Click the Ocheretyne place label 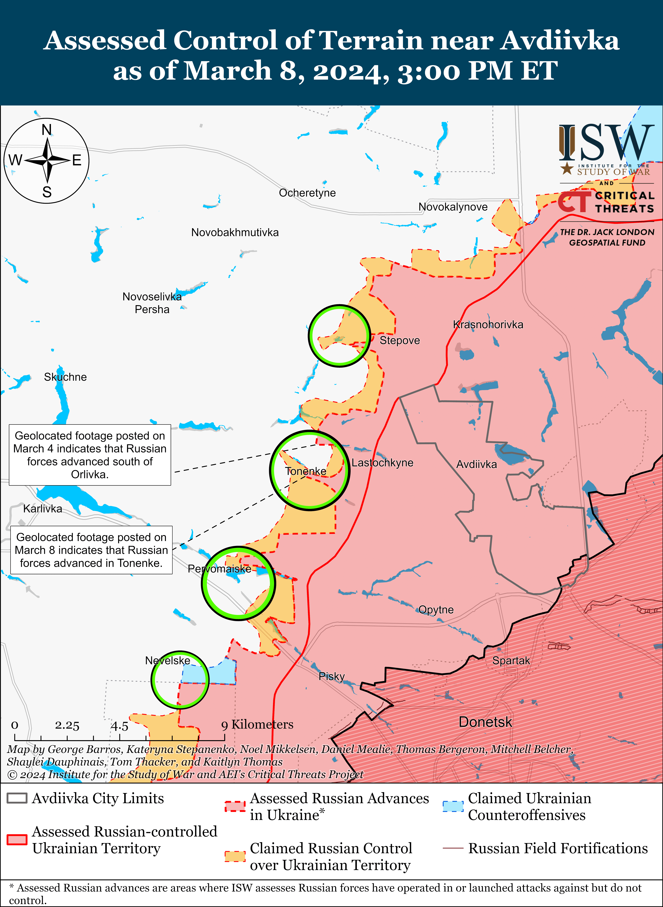(307, 193)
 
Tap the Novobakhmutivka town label (235, 233)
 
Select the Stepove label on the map (400, 340)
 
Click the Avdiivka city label (476, 464)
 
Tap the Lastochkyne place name (382, 463)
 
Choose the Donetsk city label (485, 722)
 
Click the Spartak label (511, 660)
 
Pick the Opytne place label (436, 610)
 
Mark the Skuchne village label (65, 377)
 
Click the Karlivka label (43, 509)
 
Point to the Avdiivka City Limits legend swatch (17, 798)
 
